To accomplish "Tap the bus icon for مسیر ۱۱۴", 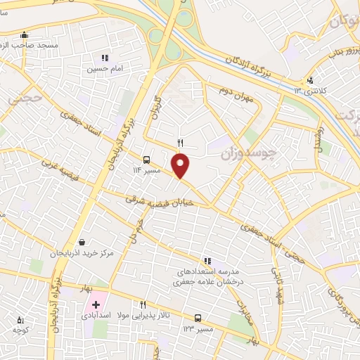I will tap(146, 160).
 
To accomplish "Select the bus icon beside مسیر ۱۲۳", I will tap(198, 318).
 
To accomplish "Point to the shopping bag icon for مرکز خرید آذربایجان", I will tap(82, 243).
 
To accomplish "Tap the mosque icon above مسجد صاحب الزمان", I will tap(25, 34).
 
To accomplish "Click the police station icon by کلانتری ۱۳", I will tap(310, 81).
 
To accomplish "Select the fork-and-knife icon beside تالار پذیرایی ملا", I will tap(143, 305).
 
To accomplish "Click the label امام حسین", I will tap(105, 69).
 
